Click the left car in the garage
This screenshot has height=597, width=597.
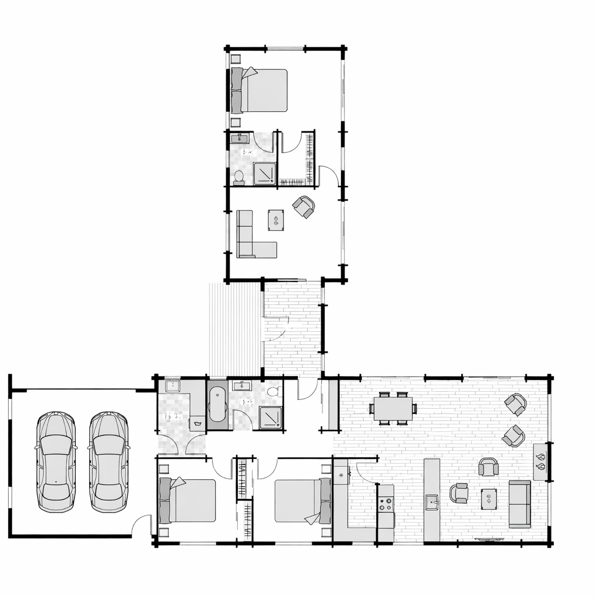point(56,461)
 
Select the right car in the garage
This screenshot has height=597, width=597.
point(108,461)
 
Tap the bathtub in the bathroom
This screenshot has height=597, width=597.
point(217,403)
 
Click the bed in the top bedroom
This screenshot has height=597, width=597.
point(260,90)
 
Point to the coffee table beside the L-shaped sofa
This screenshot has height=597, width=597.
point(276,220)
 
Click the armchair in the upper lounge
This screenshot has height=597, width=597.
point(304,206)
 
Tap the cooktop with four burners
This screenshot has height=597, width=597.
point(385,504)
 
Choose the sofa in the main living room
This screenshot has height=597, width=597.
point(519,504)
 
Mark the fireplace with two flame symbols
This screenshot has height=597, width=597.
point(540,462)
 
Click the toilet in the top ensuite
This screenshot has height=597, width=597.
point(238,176)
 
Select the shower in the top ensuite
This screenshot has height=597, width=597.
point(264,173)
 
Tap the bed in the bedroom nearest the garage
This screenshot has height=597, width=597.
point(187,500)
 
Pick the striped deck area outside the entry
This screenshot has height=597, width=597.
point(234,329)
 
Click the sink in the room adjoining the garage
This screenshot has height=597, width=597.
point(173,385)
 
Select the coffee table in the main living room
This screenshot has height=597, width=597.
point(489,498)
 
